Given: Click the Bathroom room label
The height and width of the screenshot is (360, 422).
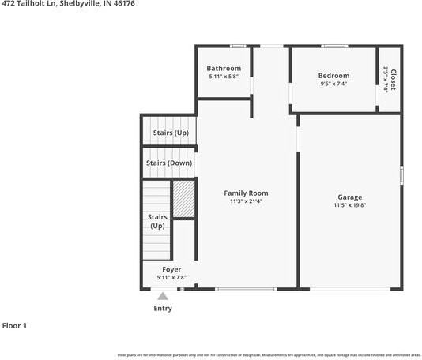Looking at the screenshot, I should (x=224, y=69).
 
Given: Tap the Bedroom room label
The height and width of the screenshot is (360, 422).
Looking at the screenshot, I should (x=334, y=76).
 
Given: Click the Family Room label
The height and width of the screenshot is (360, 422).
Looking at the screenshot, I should (x=246, y=193).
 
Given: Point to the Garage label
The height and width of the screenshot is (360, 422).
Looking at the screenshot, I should (x=349, y=197).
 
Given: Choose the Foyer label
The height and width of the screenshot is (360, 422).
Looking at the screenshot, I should (x=171, y=270).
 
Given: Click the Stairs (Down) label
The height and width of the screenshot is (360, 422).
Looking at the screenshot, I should (x=169, y=163).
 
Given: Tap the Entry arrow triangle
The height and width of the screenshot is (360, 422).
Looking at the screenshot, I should (x=162, y=296).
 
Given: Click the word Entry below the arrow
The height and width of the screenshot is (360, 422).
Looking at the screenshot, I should (x=162, y=309).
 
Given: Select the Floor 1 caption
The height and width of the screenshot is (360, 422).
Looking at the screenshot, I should (x=15, y=325).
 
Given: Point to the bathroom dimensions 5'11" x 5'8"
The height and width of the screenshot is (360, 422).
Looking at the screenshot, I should (x=224, y=77).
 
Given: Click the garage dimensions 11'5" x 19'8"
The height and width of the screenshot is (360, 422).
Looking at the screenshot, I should (x=349, y=205).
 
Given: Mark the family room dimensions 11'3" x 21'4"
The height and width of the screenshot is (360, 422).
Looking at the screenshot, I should (x=246, y=201).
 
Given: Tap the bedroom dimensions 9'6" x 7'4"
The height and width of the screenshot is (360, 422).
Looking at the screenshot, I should (x=334, y=84).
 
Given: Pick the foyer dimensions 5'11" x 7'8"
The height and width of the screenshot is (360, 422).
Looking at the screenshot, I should (x=171, y=278).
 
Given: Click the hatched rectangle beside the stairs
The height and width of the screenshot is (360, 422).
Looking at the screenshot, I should (x=183, y=200).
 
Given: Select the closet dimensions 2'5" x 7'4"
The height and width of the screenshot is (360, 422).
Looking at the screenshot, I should (x=386, y=80).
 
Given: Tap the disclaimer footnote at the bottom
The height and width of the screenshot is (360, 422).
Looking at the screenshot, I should (x=268, y=355).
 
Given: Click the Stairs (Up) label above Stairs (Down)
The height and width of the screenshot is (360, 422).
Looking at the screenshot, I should (x=171, y=133).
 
